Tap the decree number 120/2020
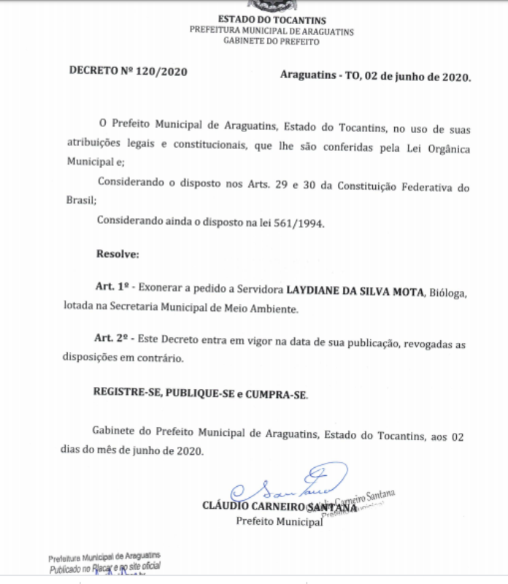coord(163,72)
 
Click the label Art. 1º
coord(112,289)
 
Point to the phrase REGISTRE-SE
coord(126,393)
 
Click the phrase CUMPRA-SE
coord(280,394)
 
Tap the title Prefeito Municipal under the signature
coord(277,521)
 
